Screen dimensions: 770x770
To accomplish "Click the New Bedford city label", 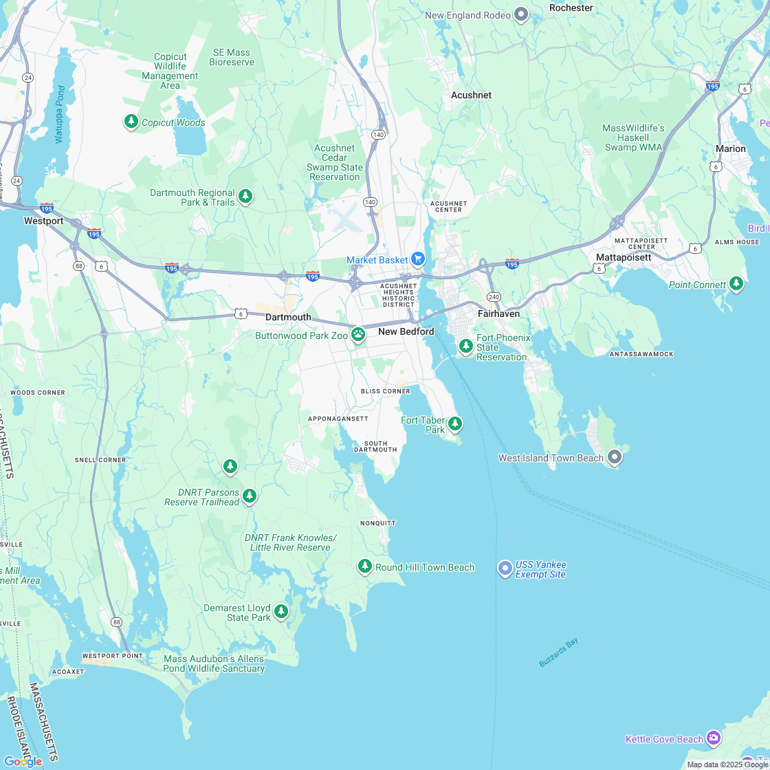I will coord(406,332).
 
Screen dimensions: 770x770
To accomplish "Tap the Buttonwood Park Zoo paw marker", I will coord(358,334).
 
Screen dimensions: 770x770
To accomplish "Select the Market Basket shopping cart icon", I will coord(417,259).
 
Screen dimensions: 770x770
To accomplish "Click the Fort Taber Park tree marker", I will coord(454,423).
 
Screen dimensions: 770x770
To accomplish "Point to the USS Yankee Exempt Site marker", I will coord(505,567).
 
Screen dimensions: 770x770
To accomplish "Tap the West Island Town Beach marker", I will coord(615,456).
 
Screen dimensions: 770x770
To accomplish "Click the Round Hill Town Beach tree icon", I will coord(364,566).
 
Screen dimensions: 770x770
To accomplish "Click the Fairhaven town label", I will coord(498,313).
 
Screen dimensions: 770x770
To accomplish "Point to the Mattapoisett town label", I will coord(623,257).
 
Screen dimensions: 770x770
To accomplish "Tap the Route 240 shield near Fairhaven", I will coord(494,296).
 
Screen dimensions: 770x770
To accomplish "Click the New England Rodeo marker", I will coord(521,14).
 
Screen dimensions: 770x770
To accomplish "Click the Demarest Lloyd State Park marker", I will coord(280,610).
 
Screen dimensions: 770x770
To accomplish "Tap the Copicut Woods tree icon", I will coord(131,121).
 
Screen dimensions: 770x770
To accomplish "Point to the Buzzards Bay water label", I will coord(558,652).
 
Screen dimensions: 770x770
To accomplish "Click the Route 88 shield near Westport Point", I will coord(117,622).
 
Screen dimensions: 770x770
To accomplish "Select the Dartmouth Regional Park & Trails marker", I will coord(245,197).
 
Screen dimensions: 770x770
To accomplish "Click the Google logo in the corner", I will coord(22,761).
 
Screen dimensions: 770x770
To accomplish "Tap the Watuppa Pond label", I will coord(60,114).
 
